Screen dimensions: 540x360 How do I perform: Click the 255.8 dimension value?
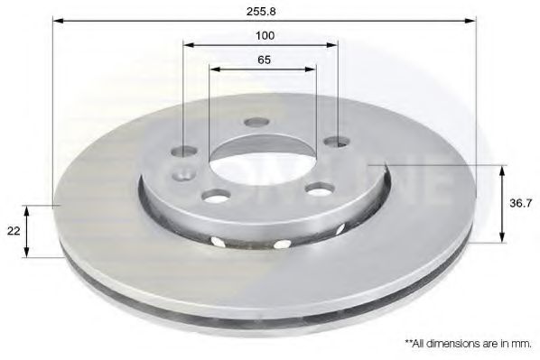pyautogui.click(x=261, y=12)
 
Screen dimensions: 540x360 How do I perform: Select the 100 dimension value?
pyautogui.click(x=265, y=35)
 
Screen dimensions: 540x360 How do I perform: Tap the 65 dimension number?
pyautogui.click(x=265, y=60)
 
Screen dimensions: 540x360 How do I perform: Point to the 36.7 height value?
pyautogui.click(x=520, y=203)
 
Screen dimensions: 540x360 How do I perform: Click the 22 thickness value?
pyautogui.click(x=14, y=231)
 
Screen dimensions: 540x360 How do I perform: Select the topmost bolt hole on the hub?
pyautogui.click(x=256, y=122)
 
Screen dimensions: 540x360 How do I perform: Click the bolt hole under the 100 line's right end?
pyautogui.click(x=338, y=141)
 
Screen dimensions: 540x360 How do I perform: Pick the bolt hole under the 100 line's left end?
pyautogui.click(x=184, y=151)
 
